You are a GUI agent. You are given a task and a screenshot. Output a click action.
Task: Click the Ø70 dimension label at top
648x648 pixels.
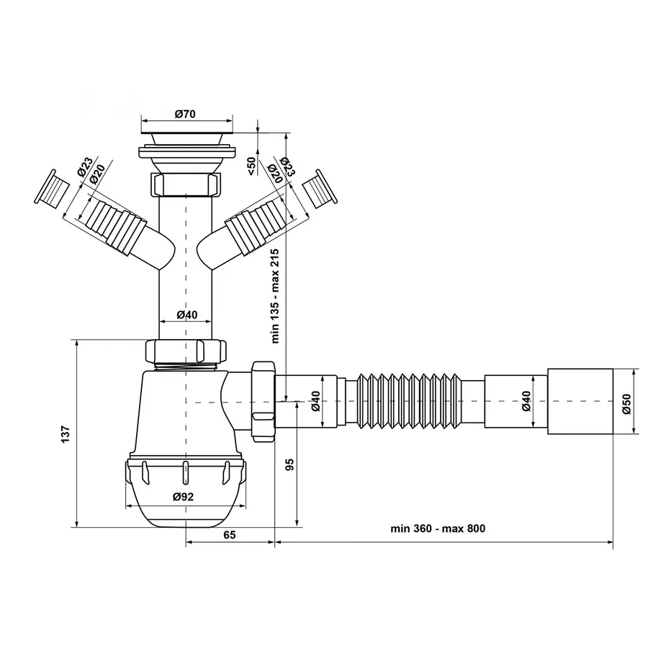(x=186, y=114)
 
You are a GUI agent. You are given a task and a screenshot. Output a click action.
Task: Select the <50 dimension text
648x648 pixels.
(x=251, y=165)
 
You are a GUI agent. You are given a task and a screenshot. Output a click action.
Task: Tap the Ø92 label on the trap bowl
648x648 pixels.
(x=184, y=496)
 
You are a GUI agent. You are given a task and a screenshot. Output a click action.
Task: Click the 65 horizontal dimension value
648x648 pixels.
(x=230, y=534)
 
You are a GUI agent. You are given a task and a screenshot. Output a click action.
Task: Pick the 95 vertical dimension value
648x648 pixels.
(x=290, y=464)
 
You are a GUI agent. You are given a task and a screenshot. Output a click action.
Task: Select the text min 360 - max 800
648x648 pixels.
(x=438, y=528)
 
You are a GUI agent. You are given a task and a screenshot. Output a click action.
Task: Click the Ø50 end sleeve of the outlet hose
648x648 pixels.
(x=580, y=402)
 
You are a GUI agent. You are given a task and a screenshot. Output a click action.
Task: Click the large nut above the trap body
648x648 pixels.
(x=186, y=351)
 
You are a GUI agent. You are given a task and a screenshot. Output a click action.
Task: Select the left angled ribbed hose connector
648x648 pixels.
(x=112, y=223)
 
